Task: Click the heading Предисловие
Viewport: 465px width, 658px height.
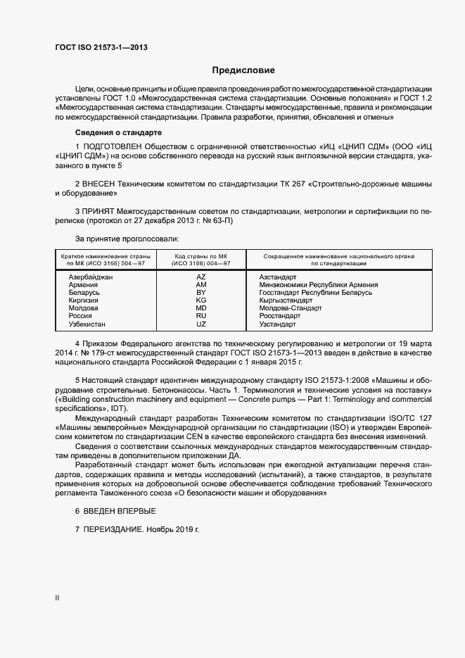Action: (243, 70)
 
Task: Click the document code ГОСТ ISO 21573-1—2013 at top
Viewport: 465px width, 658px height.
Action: (101, 47)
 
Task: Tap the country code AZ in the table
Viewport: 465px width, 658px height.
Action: (201, 277)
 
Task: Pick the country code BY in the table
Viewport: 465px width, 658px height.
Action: (201, 292)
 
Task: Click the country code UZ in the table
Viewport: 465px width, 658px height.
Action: (201, 324)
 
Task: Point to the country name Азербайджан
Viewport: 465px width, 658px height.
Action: (91, 277)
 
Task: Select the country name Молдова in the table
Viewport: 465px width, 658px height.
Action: (84, 308)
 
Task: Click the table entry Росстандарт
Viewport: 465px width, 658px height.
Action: (280, 316)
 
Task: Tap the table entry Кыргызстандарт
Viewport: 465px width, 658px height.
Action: (286, 300)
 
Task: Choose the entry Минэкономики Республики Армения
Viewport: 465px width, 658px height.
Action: (319, 285)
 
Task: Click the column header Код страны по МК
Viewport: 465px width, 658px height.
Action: (201, 256)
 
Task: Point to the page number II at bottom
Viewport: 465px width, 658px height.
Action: (57, 597)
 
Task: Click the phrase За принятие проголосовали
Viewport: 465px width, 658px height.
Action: (122, 239)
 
